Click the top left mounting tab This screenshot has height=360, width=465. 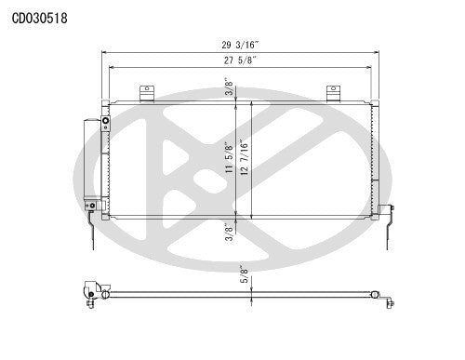(146, 93)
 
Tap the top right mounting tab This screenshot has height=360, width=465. (333, 93)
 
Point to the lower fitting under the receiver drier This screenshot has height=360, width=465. (91, 206)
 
